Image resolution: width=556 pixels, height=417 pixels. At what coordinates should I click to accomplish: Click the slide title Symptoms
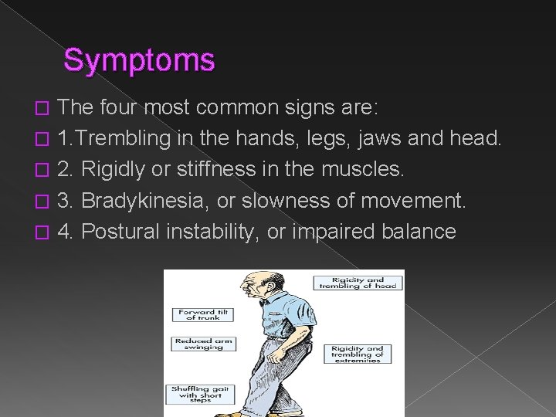139,59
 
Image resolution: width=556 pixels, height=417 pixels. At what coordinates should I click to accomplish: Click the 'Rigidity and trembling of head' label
355,283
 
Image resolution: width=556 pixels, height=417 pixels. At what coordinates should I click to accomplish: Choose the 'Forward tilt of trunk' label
198,314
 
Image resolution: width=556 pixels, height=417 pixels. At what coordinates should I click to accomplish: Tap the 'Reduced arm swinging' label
198,344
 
